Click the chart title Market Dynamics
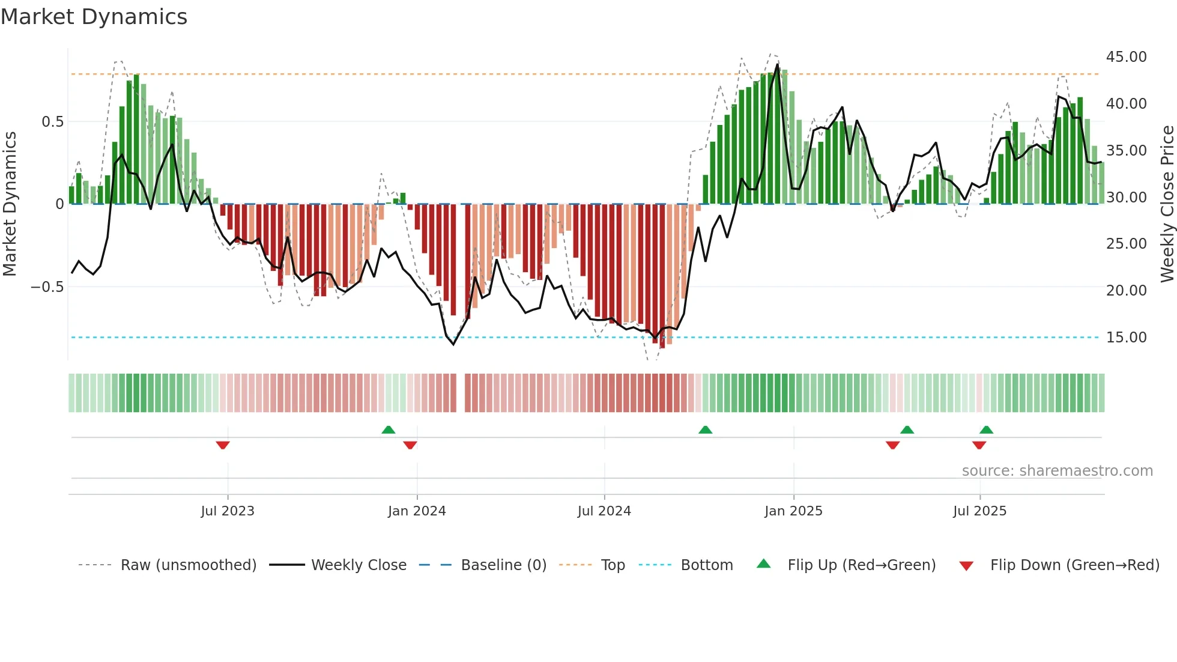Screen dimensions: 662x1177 [x=94, y=17]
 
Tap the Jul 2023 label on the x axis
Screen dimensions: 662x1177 [x=228, y=511]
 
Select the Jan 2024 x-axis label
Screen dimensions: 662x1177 [x=417, y=511]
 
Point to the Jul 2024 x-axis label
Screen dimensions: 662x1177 [x=604, y=511]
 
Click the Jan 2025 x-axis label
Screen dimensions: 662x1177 [x=793, y=511]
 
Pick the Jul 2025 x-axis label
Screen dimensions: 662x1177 [x=979, y=511]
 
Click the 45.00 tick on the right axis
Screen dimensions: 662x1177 [x=1126, y=57]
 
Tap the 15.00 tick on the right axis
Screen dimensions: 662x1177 [x=1126, y=338]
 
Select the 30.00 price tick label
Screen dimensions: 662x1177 [x=1126, y=198]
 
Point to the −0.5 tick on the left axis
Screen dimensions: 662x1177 [x=47, y=287]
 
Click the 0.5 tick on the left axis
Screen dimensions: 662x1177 [x=52, y=122]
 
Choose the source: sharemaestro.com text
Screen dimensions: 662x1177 [x=1057, y=471]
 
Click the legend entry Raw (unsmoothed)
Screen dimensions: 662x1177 [x=188, y=565]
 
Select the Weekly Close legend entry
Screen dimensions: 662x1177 [x=359, y=565]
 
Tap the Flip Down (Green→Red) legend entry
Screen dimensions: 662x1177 [x=1074, y=565]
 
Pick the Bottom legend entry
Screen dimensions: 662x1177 [x=706, y=565]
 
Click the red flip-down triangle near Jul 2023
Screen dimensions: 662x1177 [x=223, y=445]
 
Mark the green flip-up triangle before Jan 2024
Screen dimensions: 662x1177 [x=389, y=430]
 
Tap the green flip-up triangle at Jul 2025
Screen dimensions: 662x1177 [x=986, y=430]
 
